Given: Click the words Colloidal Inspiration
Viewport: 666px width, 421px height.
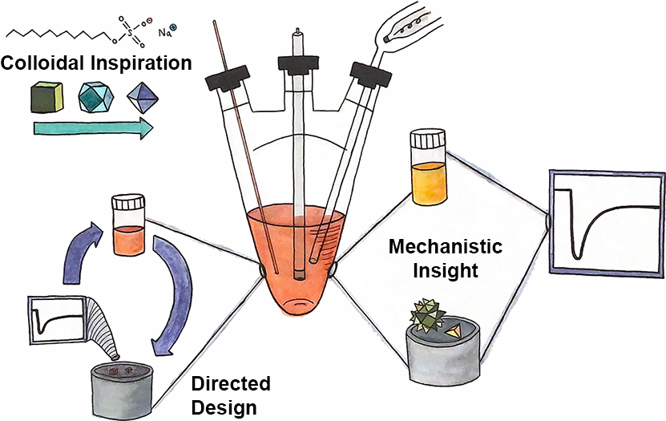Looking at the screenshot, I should click(97, 63).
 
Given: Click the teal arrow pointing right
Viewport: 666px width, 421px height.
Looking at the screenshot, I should click(92, 127).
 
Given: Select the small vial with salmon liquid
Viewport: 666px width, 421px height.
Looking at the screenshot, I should click(129, 225).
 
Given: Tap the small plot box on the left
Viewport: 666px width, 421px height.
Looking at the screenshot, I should click(56, 320).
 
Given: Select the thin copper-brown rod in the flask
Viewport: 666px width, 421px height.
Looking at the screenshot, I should click(244, 144).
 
